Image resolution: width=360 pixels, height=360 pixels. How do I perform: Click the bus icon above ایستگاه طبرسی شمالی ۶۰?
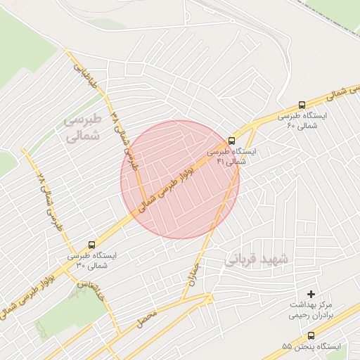[302, 104]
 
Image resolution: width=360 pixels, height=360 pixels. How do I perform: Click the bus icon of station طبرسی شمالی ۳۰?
[92, 244]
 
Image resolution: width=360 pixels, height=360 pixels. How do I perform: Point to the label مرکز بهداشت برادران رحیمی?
[311, 311]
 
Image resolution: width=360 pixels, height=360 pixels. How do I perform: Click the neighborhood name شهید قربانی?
[257, 259]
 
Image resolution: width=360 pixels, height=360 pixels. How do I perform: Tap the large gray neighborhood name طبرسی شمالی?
[83, 128]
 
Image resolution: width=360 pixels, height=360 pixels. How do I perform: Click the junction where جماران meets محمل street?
[208, 300]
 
